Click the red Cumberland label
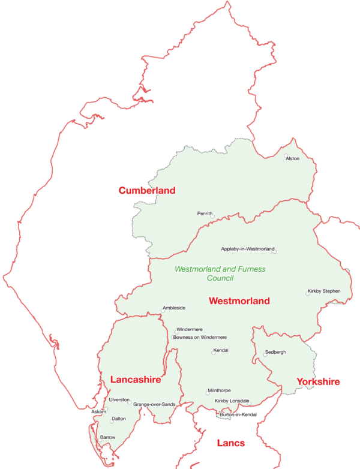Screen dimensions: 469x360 [146, 191]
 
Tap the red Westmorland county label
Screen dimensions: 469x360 [239, 301]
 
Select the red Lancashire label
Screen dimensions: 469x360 [136, 380]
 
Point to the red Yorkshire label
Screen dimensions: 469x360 [318, 381]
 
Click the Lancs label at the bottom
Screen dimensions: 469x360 [230, 443]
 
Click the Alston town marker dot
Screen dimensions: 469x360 [286, 155]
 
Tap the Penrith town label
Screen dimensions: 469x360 [205, 213]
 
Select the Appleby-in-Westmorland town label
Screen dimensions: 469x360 [247, 248]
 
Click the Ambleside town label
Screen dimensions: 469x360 [173, 308]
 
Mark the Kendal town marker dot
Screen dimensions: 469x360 [213, 353]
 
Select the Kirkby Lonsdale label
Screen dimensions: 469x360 [232, 401]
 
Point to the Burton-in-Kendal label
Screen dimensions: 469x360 [238, 414]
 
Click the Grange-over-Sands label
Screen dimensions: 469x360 [154, 404]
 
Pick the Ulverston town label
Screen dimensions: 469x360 [119, 399]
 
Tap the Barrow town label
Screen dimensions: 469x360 [107, 437]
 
